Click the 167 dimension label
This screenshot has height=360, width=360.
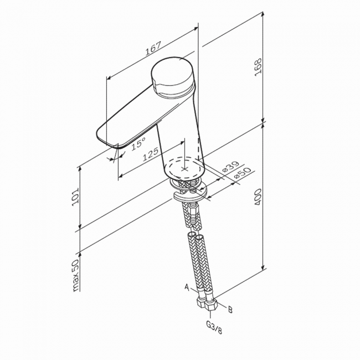[153, 48]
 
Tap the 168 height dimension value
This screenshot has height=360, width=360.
[258, 67]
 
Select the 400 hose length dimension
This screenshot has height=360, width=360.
[258, 197]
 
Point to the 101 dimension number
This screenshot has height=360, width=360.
[75, 197]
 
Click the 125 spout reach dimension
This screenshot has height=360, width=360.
[151, 154]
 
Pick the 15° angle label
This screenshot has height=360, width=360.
[138, 144]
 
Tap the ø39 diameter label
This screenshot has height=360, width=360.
[231, 166]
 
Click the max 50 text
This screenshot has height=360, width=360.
[75, 275]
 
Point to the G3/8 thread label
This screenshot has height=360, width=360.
[214, 328]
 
